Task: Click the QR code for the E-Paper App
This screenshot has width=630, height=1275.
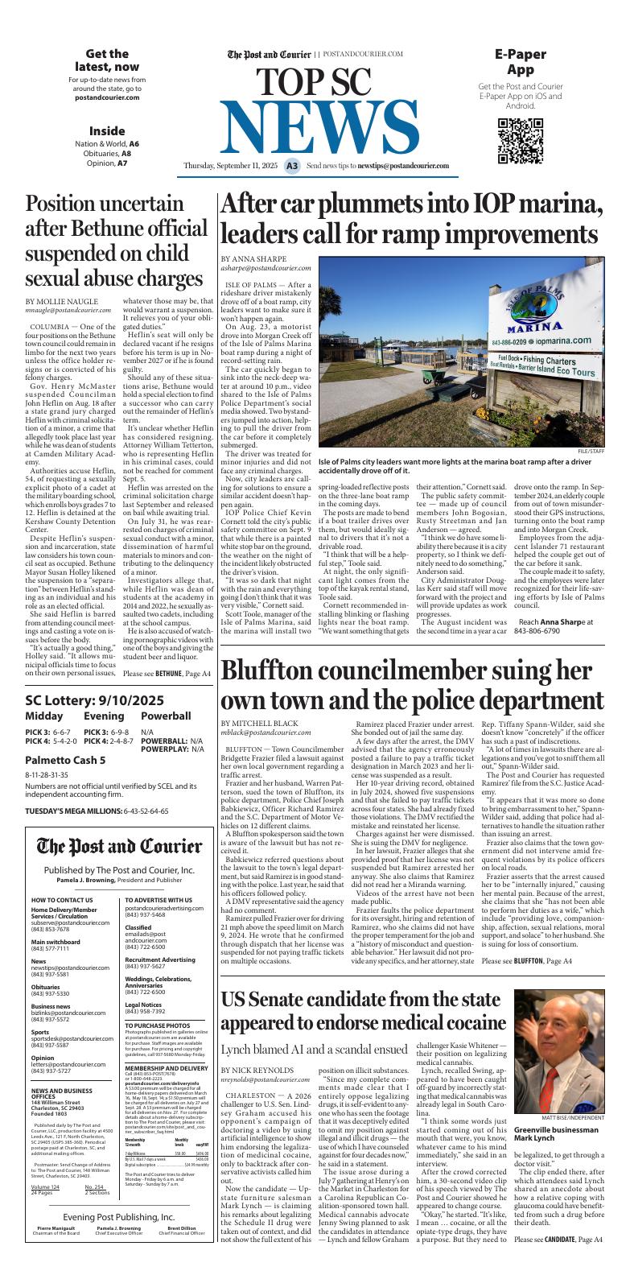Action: [520, 140]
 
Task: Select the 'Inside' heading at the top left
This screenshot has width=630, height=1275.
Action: [107, 130]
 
